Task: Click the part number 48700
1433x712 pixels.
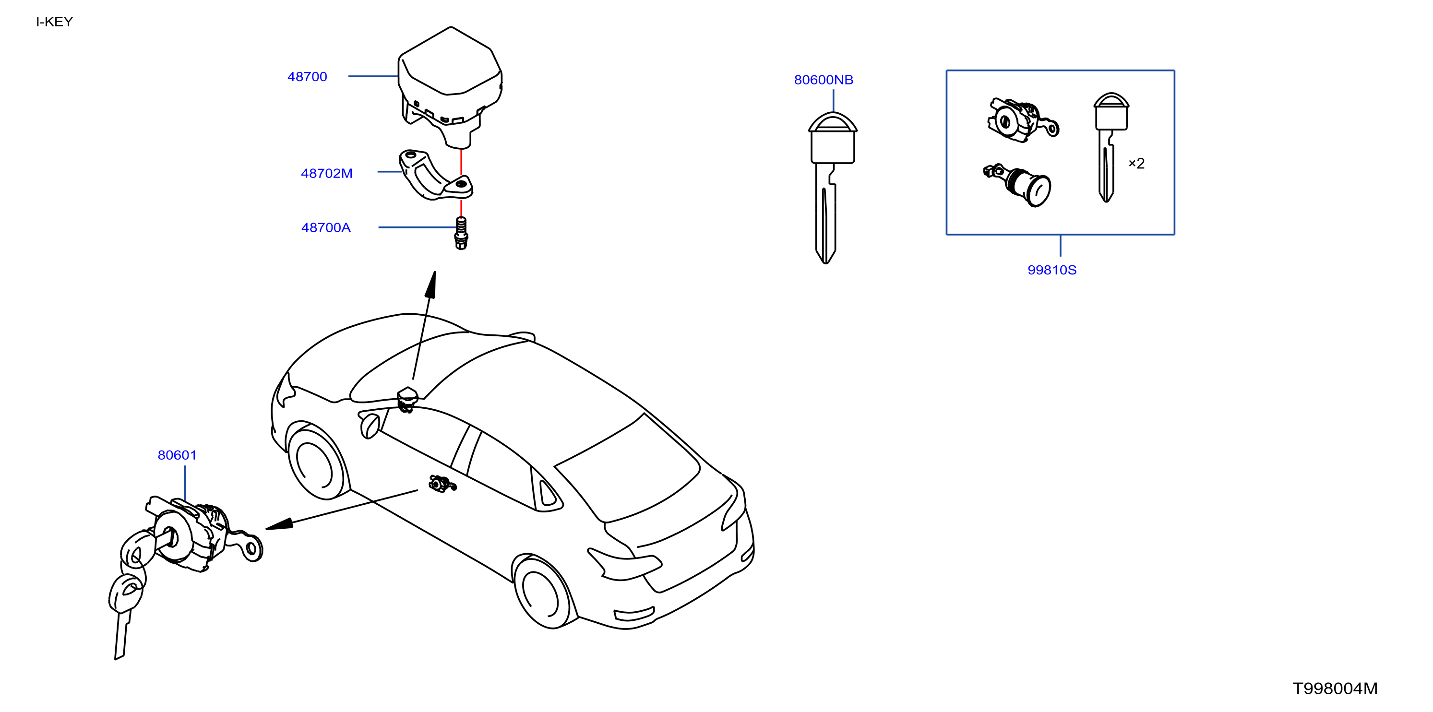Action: [x=307, y=77]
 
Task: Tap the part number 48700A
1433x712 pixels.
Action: [x=326, y=227]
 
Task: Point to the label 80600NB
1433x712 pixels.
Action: [x=824, y=80]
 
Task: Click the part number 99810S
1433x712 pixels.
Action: [x=1052, y=270]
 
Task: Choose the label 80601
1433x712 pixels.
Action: [x=177, y=455]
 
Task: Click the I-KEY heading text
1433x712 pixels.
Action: [x=55, y=22]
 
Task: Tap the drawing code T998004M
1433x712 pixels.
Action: [x=1335, y=688]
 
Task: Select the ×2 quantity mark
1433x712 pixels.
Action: [x=1136, y=164]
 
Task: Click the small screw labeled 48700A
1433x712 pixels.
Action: [x=461, y=234]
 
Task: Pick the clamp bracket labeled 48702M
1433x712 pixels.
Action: [x=436, y=175]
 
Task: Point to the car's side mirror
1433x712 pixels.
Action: [x=370, y=426]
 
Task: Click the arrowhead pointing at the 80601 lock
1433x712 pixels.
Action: [x=280, y=524]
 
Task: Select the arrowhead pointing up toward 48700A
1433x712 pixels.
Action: [x=430, y=284]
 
